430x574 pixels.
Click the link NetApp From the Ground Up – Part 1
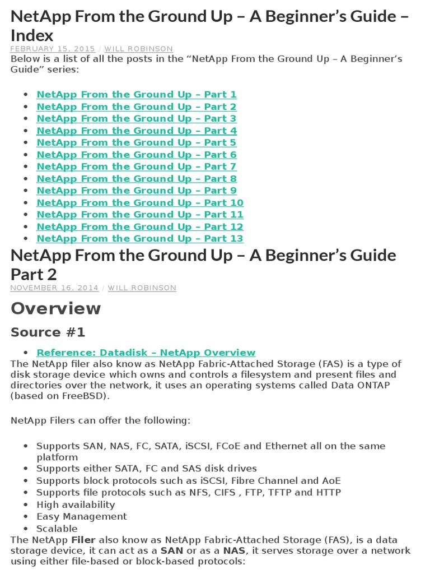coord(136,95)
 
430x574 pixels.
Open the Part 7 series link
coord(136,166)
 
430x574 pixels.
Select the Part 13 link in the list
coord(139,238)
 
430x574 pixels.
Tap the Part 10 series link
coord(139,202)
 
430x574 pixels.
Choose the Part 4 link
coord(136,131)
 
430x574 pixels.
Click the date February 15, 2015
coord(53,49)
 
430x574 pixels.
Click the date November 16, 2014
coord(54,288)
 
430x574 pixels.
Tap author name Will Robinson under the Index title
coord(139,49)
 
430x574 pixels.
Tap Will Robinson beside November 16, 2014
coord(142,288)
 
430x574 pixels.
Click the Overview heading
coord(56,309)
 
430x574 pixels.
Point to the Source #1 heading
coord(48,332)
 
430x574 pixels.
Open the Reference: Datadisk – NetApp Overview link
coord(146,353)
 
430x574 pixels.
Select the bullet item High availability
coord(76,504)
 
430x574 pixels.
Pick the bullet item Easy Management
coord(82,516)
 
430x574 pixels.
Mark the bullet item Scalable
coord(57,529)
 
